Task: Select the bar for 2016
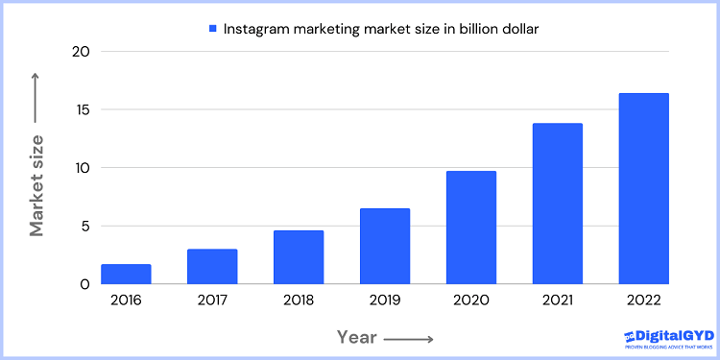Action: pyautogui.click(x=126, y=274)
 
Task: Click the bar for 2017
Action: pyautogui.click(x=212, y=266)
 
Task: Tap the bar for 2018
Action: pyautogui.click(x=299, y=257)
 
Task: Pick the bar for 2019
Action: pyautogui.click(x=385, y=246)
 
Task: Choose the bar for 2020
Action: pyautogui.click(x=471, y=228)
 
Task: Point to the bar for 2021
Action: pyautogui.click(x=558, y=204)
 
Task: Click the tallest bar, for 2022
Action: pyautogui.click(x=643, y=188)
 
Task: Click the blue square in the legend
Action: pyautogui.click(x=212, y=28)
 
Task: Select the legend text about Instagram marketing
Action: pyautogui.click(x=381, y=29)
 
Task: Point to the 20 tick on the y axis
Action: pyautogui.click(x=80, y=52)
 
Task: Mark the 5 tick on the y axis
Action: pyautogui.click(x=84, y=227)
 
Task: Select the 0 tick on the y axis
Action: pyautogui.click(x=84, y=284)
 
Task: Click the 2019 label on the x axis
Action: pyautogui.click(x=385, y=300)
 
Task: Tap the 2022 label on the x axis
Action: pyautogui.click(x=643, y=300)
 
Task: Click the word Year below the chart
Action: pyautogui.click(x=357, y=337)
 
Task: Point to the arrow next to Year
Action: pyautogui.click(x=410, y=338)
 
